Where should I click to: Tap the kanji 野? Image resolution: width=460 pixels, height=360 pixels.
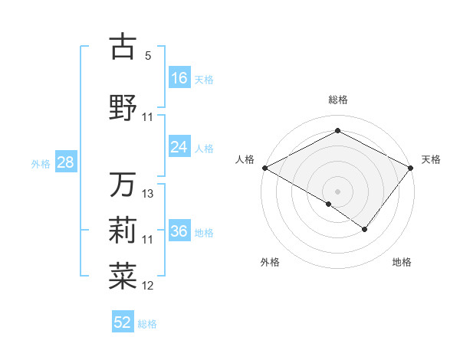pos(123,107)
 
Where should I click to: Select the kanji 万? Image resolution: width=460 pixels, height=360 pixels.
pos(123,185)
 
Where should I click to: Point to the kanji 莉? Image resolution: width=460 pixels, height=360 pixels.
pos(123,230)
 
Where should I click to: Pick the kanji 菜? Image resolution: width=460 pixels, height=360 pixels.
pos(123,277)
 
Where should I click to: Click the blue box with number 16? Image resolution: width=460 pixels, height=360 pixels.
pos(179,78)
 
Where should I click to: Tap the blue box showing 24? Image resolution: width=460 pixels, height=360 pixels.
pos(179,147)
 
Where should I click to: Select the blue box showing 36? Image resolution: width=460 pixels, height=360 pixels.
pos(179,232)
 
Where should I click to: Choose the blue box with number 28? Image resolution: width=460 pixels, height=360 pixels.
pos(64,162)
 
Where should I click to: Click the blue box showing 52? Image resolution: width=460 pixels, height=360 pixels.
pos(123,322)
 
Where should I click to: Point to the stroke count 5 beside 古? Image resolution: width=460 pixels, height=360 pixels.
pos(148,56)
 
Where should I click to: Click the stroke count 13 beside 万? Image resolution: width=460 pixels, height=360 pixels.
pos(148,194)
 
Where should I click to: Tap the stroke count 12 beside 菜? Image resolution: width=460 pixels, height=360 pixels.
pos(148,286)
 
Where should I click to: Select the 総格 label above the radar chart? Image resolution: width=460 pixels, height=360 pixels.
pos(337,100)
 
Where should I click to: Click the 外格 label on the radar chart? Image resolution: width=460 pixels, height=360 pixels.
pos(270,262)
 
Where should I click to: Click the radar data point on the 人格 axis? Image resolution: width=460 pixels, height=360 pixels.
pos(264,167)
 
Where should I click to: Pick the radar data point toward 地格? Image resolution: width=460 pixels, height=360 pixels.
pos(365,229)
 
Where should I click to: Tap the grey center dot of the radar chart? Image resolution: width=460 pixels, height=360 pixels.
pos(337,191)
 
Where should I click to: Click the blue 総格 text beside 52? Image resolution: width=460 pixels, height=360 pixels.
pos(147,324)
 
